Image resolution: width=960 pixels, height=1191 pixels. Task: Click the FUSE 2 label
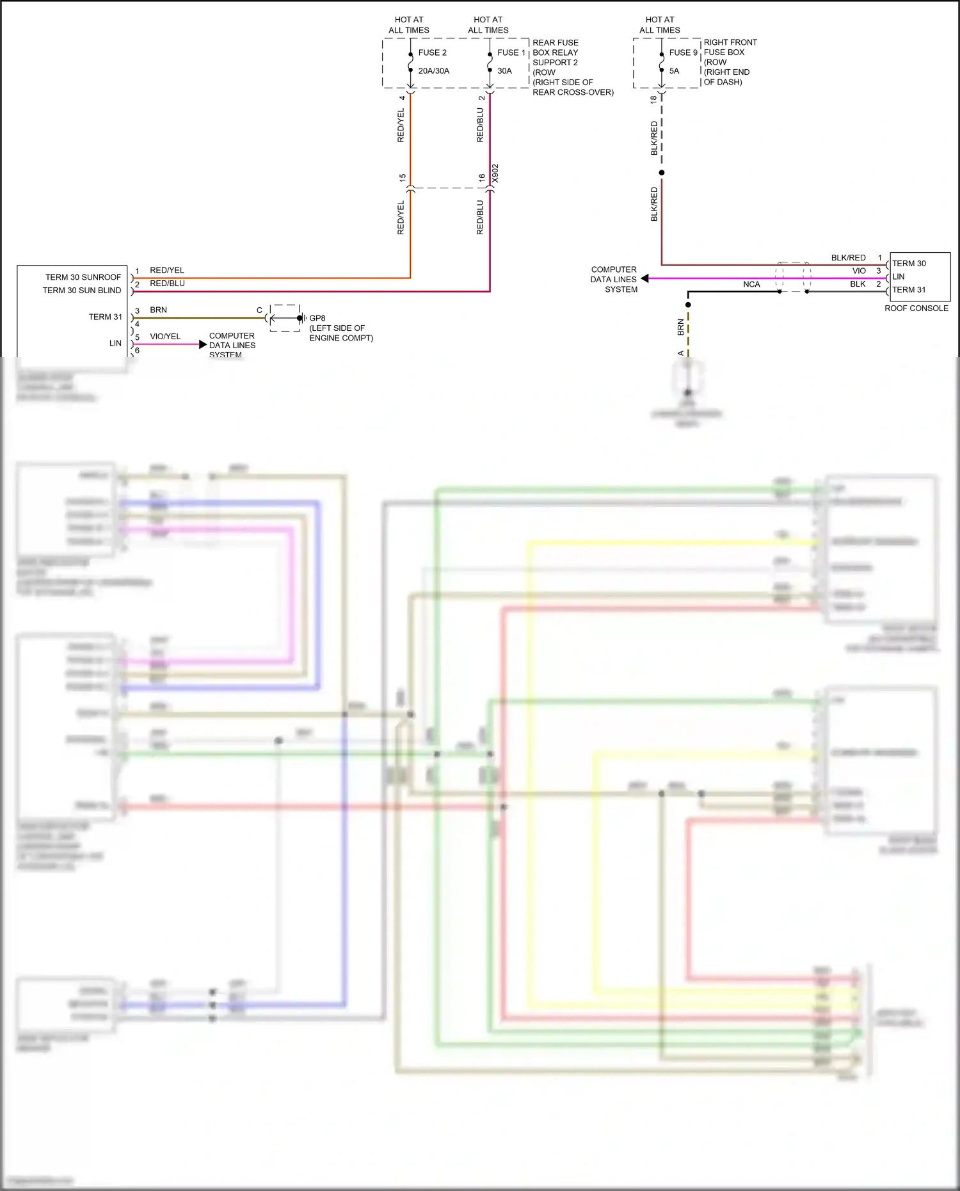point(432,52)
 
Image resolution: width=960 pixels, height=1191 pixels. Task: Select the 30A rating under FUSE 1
point(504,71)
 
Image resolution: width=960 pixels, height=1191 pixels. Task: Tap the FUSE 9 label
point(683,52)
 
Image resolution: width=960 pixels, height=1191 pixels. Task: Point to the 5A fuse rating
point(674,71)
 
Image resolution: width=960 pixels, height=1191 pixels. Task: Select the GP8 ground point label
point(317,318)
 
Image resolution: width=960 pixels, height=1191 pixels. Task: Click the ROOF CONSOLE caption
point(916,308)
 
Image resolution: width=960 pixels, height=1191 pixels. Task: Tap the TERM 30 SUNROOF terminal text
point(83,277)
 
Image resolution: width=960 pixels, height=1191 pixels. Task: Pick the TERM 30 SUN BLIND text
point(81,291)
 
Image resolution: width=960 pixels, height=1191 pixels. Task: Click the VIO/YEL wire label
point(165,337)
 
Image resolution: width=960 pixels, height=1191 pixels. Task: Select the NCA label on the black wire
point(751,284)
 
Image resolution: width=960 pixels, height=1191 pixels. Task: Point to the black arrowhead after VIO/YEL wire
point(203,344)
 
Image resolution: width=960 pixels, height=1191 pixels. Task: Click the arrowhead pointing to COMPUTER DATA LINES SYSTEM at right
point(645,278)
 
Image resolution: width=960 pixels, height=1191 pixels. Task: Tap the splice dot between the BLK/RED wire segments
point(662,173)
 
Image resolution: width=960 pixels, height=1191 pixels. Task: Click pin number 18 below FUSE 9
point(653,100)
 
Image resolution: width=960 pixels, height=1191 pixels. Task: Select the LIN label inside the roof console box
point(899,276)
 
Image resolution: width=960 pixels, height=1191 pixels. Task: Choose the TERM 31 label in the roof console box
point(909,290)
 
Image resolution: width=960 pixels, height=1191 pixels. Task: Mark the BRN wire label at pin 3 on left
point(158,310)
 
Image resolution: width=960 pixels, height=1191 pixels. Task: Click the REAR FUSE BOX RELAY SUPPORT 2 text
point(556,52)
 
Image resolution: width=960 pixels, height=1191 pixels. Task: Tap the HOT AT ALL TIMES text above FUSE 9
point(659,25)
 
